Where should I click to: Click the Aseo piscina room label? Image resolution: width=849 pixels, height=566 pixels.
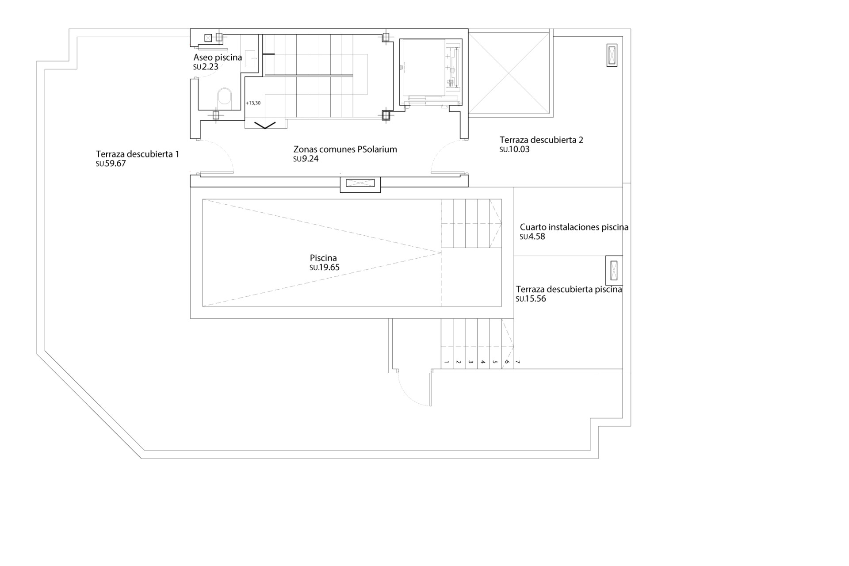click(218, 57)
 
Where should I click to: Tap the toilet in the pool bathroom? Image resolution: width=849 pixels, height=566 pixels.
click(225, 97)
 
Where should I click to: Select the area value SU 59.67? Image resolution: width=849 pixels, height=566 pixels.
click(111, 164)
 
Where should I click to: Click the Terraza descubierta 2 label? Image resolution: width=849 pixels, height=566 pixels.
click(541, 140)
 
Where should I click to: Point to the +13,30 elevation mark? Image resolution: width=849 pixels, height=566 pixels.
click(253, 103)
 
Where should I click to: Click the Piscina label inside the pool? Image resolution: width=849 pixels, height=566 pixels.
click(323, 258)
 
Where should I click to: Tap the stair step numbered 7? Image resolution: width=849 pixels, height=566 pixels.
click(518, 362)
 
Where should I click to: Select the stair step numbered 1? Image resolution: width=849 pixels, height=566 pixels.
click(447, 362)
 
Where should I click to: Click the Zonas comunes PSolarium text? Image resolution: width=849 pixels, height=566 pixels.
click(345, 149)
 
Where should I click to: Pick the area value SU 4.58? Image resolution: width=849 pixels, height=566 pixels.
click(532, 237)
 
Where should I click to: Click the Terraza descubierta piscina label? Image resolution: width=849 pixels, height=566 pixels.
click(569, 289)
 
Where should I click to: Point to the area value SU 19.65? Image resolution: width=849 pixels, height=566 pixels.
click(325, 268)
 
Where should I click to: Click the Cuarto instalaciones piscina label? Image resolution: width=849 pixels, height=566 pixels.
click(574, 227)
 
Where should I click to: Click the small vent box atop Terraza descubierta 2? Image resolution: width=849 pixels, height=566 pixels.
click(612, 55)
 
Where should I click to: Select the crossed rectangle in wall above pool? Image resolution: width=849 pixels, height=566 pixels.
click(360, 183)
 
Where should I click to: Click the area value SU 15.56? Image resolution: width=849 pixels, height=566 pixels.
click(531, 299)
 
